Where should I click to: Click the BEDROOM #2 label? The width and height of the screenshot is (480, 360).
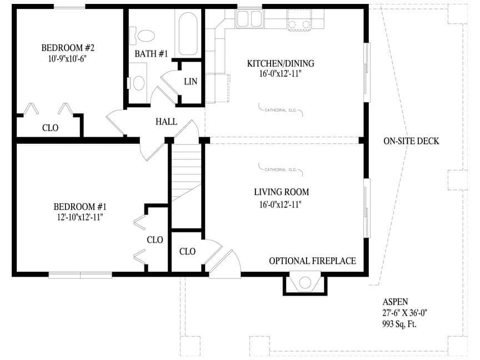66,47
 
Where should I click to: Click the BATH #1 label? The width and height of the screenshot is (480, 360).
151,54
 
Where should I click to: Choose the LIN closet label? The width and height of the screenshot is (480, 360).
191,82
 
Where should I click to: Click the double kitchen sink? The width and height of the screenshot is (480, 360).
249,19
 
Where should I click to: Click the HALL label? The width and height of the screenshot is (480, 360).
166,122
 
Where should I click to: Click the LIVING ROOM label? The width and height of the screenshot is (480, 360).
281,192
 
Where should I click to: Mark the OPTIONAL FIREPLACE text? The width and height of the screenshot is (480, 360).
312,261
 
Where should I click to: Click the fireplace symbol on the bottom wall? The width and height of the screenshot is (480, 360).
305,283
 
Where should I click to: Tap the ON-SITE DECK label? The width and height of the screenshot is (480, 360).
411,141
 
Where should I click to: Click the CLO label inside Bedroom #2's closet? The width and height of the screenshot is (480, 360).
50,128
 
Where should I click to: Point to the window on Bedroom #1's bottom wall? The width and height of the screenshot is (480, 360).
80,274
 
